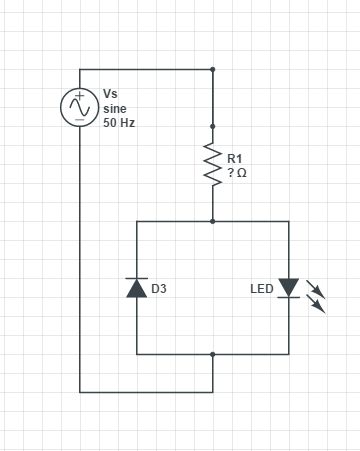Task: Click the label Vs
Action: click(110, 93)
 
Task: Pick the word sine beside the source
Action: click(115, 108)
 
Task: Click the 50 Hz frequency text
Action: click(119, 123)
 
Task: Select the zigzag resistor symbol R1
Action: click(212, 163)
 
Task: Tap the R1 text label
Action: click(235, 158)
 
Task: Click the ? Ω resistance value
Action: click(236, 173)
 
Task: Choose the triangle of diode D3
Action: click(137, 289)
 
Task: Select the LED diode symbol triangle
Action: click(288, 288)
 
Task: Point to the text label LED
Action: click(262, 290)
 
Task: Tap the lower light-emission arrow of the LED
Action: click(319, 305)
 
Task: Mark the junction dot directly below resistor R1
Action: click(212, 221)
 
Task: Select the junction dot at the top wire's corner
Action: click(212, 70)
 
